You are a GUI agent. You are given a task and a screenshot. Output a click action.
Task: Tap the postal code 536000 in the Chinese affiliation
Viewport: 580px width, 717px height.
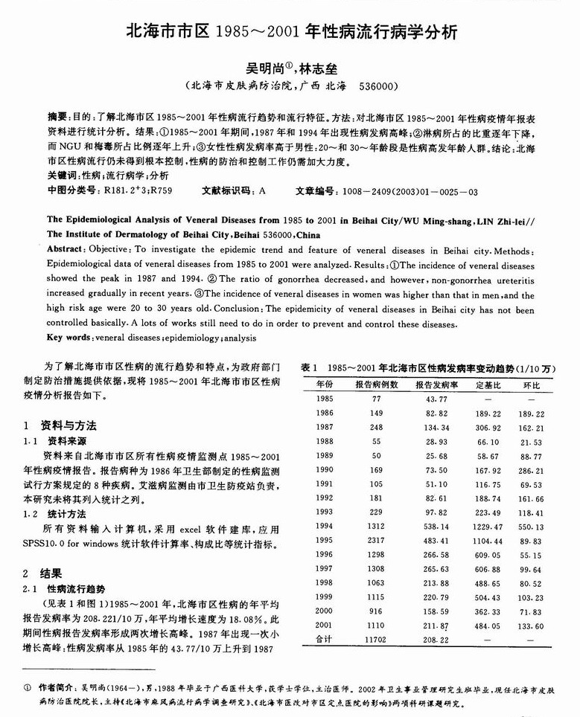pos(377,86)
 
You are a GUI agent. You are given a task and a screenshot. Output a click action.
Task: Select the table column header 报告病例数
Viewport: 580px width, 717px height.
pos(376,385)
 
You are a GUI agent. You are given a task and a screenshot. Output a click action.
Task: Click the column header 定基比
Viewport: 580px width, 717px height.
pos(488,385)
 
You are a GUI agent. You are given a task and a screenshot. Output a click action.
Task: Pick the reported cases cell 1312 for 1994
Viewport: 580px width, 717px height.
pos(376,527)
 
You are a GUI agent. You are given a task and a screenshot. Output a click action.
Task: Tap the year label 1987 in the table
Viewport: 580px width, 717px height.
pos(324,427)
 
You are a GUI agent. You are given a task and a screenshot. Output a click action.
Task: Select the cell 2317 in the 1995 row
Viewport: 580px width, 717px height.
pos(376,541)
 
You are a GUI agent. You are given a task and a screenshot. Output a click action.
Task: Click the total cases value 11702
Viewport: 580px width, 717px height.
pos(376,640)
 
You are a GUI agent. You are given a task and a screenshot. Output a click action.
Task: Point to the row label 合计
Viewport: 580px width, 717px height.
pos(324,640)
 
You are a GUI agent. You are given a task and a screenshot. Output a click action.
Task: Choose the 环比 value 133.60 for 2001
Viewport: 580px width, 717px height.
pos(531,626)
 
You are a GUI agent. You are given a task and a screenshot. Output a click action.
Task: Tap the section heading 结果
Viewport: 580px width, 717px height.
pos(51,573)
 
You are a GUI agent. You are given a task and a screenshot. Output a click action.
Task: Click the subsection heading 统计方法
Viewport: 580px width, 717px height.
pos(68,512)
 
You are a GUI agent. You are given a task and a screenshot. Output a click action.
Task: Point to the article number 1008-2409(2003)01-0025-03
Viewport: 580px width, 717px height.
pos(409,191)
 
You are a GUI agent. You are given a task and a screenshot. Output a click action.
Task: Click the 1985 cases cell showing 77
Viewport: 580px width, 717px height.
pos(376,399)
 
